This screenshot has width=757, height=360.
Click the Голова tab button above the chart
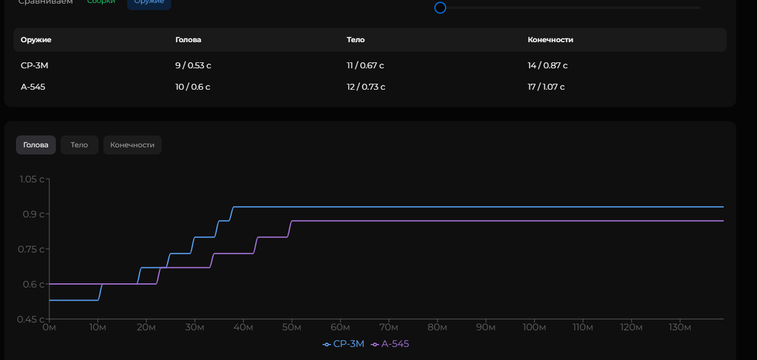point(36,145)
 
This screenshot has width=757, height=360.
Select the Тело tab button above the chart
point(79,145)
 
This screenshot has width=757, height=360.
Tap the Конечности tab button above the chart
point(132,145)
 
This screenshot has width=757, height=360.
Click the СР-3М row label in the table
point(34,65)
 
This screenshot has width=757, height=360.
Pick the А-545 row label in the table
point(33,87)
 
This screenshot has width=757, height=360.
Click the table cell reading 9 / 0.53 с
point(193,65)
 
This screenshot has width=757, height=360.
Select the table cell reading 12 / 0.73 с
point(366,87)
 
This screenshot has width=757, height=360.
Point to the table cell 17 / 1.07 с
point(546,87)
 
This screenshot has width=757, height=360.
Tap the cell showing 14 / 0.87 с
point(547,65)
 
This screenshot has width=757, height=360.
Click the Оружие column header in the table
point(36,40)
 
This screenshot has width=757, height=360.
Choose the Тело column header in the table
point(355,40)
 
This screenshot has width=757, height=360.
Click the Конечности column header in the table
point(550,40)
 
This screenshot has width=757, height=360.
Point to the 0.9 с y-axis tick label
point(33,214)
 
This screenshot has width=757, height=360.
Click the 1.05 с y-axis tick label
point(31,179)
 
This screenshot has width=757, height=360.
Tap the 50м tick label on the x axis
point(292,327)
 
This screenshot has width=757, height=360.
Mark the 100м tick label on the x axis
point(534,327)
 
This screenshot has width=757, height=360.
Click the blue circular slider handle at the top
point(440,8)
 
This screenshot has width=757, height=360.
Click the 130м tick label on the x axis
point(680,327)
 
